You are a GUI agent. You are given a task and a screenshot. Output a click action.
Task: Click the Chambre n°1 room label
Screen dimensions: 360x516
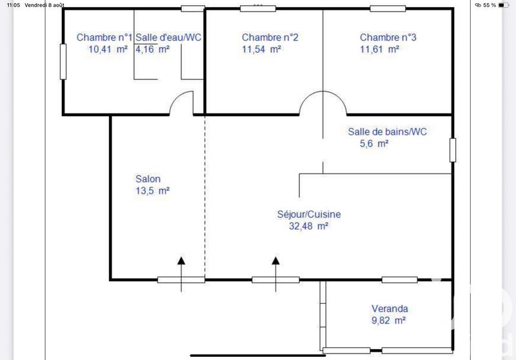point(104,37)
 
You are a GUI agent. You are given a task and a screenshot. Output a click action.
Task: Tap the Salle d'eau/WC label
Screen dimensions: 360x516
point(168,37)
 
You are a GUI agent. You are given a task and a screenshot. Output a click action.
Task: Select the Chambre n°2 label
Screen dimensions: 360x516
point(270,37)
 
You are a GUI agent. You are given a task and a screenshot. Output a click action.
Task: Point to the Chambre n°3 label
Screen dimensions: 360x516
point(388,37)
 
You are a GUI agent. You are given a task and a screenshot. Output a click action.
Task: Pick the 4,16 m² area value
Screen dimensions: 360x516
point(152,49)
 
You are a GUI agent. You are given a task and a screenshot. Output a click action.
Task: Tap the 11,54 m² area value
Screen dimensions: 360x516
point(262,49)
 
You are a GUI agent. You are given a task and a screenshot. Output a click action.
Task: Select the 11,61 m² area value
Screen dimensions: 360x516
point(380,49)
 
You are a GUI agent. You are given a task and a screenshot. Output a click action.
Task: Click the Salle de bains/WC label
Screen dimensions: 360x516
point(387,132)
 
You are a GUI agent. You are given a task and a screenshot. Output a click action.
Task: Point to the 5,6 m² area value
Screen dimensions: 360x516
point(373,144)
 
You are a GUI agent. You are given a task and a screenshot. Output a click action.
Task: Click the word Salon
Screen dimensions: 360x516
point(148,179)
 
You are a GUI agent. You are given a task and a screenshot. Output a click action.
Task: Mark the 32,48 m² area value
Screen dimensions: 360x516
point(310,226)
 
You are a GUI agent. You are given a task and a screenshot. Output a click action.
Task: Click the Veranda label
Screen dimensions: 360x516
point(390,308)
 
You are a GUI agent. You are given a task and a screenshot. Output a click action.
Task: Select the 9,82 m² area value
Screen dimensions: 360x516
point(388,320)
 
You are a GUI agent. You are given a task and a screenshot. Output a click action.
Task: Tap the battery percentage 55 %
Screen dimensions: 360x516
point(489,5)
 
